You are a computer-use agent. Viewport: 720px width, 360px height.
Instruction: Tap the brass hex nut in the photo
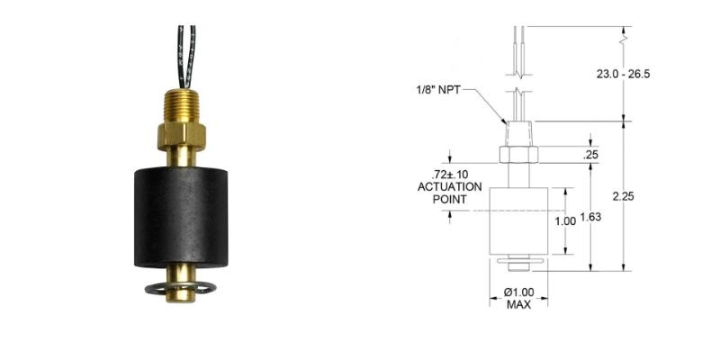184,136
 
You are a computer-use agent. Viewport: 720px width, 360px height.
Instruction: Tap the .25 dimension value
590,155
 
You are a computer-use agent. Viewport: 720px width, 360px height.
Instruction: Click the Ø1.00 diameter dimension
519,292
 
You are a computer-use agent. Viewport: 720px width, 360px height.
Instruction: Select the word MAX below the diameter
518,305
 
